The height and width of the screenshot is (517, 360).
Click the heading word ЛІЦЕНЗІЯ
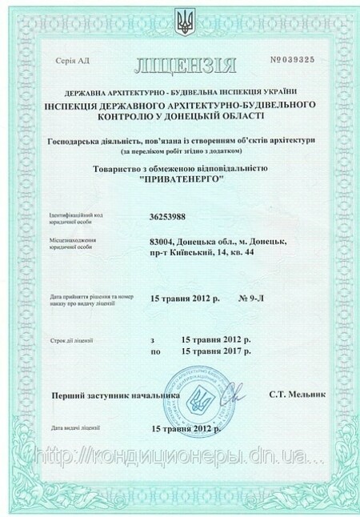coord(179,62)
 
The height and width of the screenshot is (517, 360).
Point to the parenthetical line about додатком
coord(179,152)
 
